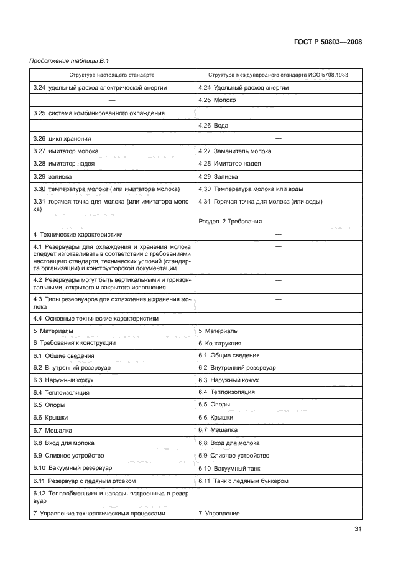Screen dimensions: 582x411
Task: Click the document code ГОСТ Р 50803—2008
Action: pos(327,42)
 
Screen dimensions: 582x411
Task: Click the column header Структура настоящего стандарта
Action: pos(112,75)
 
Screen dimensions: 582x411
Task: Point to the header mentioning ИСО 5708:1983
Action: pos(278,75)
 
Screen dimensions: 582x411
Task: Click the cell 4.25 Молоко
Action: pos(217,100)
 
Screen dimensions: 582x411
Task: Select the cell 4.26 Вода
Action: pos(213,126)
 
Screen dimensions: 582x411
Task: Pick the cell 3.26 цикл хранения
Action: pos(62,138)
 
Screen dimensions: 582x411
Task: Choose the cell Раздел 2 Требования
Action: pos(229,222)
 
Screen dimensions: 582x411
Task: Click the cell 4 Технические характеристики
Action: pos(78,235)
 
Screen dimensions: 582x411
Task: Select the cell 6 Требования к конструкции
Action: pos(74,343)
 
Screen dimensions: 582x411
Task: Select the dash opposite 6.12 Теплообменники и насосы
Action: pos(278,494)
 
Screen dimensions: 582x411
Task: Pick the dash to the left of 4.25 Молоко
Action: pos(112,100)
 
